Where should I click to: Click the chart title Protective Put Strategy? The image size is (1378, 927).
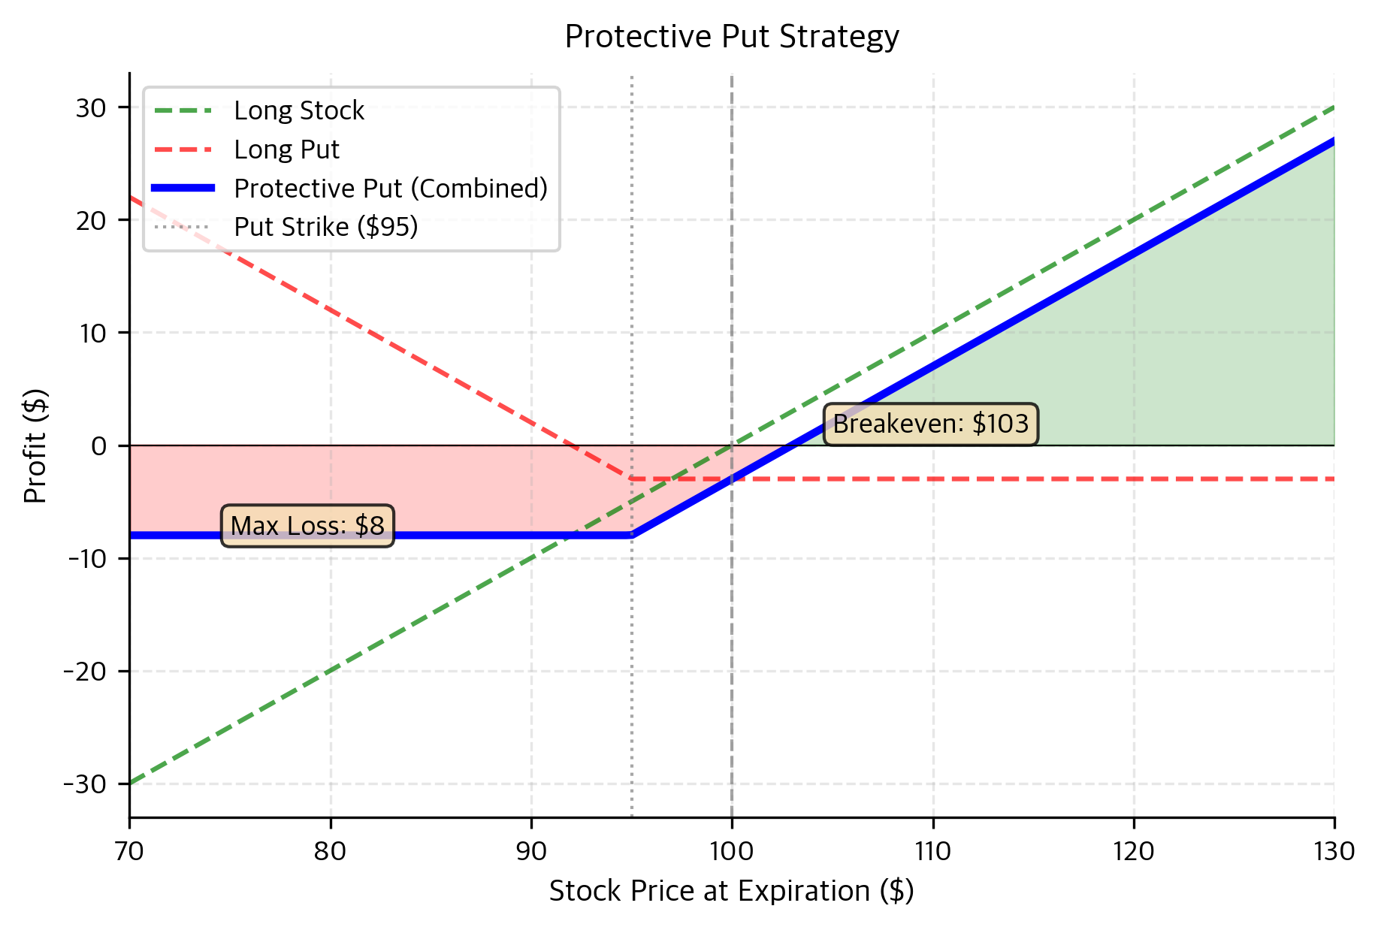731,37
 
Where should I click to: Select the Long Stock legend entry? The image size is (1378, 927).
298,111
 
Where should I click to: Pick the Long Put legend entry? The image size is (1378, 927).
286,150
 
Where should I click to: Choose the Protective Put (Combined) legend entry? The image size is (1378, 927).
391,189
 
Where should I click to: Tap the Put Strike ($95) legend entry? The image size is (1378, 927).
325,227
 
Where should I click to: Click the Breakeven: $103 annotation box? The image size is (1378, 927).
930,424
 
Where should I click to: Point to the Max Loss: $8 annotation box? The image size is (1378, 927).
307,526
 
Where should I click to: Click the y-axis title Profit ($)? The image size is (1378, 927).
35,445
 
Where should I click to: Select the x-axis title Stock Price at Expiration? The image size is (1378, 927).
731,891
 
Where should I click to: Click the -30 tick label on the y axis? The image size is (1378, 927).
85,784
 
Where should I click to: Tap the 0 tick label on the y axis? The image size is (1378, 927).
99,446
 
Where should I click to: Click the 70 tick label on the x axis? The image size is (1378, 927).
129,851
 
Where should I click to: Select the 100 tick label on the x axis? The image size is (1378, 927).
732,851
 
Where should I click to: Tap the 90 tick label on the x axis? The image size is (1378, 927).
531,851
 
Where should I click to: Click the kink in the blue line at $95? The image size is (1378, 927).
632,535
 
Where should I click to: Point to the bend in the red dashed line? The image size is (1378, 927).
632,479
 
